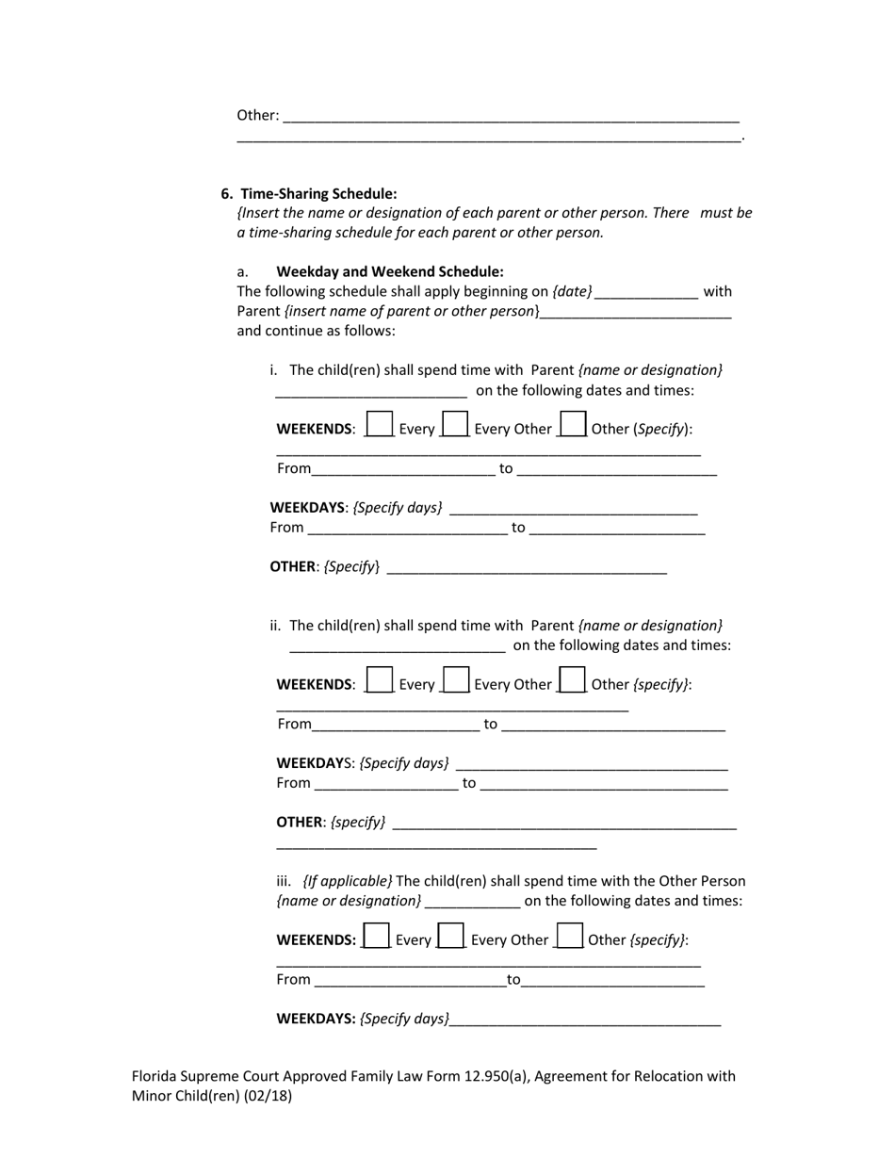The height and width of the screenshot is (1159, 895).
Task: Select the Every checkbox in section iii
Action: pos(376,935)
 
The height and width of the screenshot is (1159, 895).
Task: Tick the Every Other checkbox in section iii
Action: pos(451,935)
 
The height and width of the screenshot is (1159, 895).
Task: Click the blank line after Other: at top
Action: pos(511,117)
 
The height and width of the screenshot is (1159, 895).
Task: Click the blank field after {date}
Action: pos(646,293)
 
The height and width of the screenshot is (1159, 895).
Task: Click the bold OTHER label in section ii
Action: pos(299,822)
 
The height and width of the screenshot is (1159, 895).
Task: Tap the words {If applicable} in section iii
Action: pos(347,881)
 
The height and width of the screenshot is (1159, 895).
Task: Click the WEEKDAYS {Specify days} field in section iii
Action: pos(585,1020)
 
